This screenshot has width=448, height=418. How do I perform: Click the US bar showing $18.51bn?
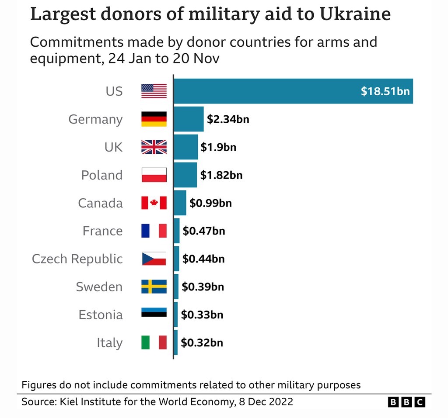pyautogui.click(x=293, y=91)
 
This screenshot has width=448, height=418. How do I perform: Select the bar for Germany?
pyautogui.click(x=189, y=119)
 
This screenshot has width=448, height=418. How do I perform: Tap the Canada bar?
pyautogui.click(x=180, y=203)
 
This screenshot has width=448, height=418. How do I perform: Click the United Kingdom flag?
pyautogui.click(x=154, y=147)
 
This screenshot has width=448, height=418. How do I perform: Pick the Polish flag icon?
pyautogui.click(x=154, y=175)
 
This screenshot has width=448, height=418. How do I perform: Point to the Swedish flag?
pyautogui.click(x=154, y=287)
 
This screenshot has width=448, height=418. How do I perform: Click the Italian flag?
pyautogui.click(x=154, y=342)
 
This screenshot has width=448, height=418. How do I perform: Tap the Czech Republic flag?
pyautogui.click(x=154, y=259)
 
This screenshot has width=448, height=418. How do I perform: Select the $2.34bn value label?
pyautogui.click(x=228, y=119)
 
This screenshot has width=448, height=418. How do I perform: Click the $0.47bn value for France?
pyautogui.click(x=203, y=231)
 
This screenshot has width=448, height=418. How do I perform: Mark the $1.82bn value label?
pyautogui.click(x=221, y=175)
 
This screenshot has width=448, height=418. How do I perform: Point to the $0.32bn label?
pyautogui.click(x=202, y=342)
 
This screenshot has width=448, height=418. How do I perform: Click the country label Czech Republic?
pyautogui.click(x=77, y=259)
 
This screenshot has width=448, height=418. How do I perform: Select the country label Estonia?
pyautogui.click(x=101, y=314)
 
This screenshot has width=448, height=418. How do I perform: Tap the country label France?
pyautogui.click(x=103, y=231)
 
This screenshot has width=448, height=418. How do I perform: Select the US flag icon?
pyautogui.click(x=154, y=91)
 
